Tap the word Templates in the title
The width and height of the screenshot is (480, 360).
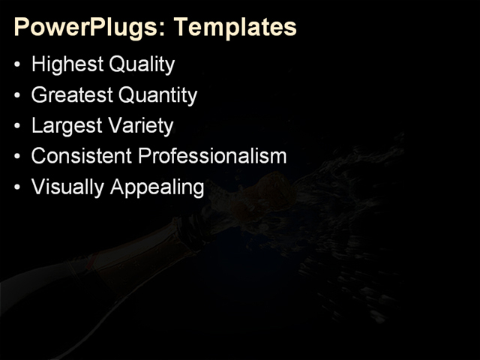pos(235,28)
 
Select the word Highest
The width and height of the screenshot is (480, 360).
pos(67,65)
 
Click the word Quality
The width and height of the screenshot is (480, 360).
pos(142,65)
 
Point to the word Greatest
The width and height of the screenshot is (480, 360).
pos(72,96)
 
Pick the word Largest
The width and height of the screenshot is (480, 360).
pos(66,126)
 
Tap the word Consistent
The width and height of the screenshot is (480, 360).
pos(82,156)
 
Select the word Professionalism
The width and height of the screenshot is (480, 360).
pos(213,156)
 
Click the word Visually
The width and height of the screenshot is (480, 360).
pos(68,187)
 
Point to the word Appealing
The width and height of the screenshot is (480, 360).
pos(157,187)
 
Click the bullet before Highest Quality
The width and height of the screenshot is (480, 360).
pos(18,66)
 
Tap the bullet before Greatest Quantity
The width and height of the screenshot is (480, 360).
pos(18,97)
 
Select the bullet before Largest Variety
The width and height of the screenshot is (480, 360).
pos(18,127)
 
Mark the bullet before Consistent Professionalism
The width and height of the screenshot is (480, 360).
pos(18,157)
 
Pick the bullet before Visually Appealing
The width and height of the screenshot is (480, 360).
pos(18,187)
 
